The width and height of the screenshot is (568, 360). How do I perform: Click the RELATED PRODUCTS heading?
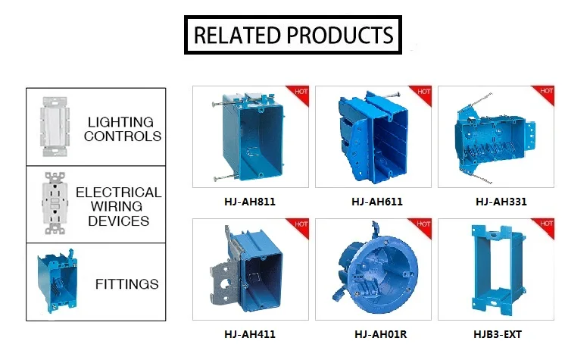[x=293, y=35]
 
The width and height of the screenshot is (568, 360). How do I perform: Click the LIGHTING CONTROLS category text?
[x=122, y=129]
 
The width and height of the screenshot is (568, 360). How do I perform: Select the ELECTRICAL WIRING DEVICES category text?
[x=119, y=207]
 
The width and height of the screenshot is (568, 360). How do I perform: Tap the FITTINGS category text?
[x=126, y=284]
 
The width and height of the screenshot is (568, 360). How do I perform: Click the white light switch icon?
[x=52, y=127]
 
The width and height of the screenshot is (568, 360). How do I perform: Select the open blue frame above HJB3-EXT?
[x=490, y=271]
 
